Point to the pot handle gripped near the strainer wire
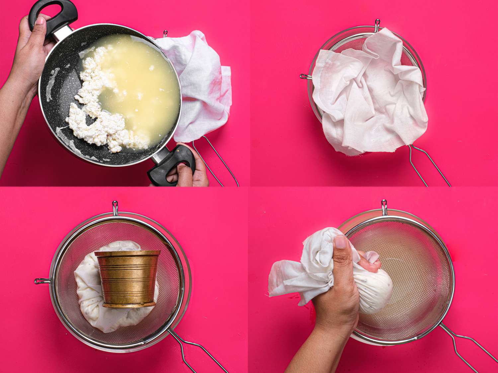(x=171, y=166)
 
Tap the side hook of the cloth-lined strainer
(x=305, y=77)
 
